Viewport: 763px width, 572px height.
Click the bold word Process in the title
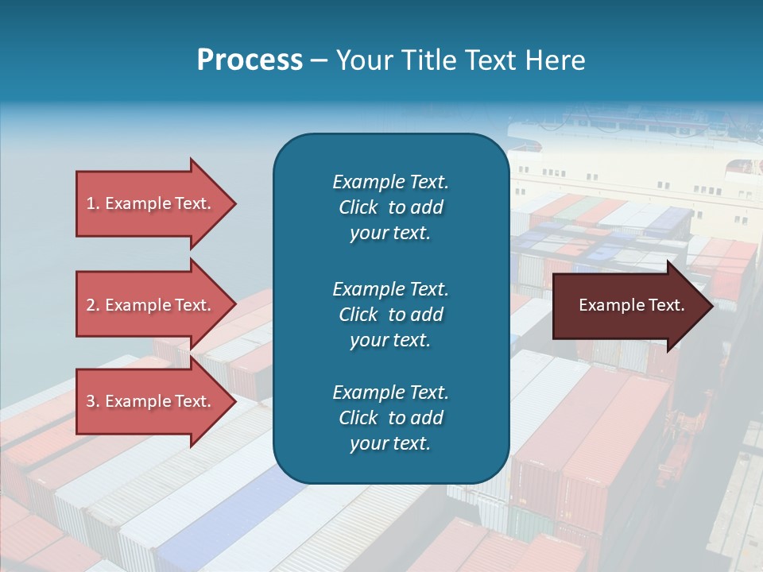point(250,60)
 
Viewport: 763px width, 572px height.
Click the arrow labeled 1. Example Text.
point(151,203)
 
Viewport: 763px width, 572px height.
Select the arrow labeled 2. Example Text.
point(151,305)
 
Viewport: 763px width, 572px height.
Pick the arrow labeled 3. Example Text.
point(151,401)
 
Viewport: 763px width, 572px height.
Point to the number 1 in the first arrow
point(91,203)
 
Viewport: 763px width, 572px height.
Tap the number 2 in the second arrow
point(91,305)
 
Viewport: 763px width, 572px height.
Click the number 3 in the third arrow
point(91,401)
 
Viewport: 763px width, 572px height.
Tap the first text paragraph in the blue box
point(390,207)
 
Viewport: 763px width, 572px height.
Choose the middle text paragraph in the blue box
point(390,314)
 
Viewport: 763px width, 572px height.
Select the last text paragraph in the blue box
point(390,418)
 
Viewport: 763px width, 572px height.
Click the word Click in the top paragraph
point(358,207)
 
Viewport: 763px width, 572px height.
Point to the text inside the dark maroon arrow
point(632,305)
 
